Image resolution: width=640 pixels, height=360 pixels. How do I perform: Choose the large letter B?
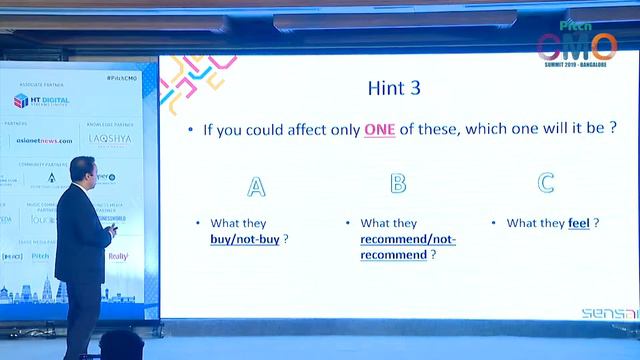[398, 183]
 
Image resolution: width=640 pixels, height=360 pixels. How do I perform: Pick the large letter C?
[546, 183]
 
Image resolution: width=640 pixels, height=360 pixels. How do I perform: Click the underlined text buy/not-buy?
[244, 240]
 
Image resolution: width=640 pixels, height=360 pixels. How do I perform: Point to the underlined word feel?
[578, 223]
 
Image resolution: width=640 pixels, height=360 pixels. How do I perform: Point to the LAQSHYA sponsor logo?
[108, 140]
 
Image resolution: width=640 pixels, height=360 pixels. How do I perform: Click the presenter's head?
[77, 166]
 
